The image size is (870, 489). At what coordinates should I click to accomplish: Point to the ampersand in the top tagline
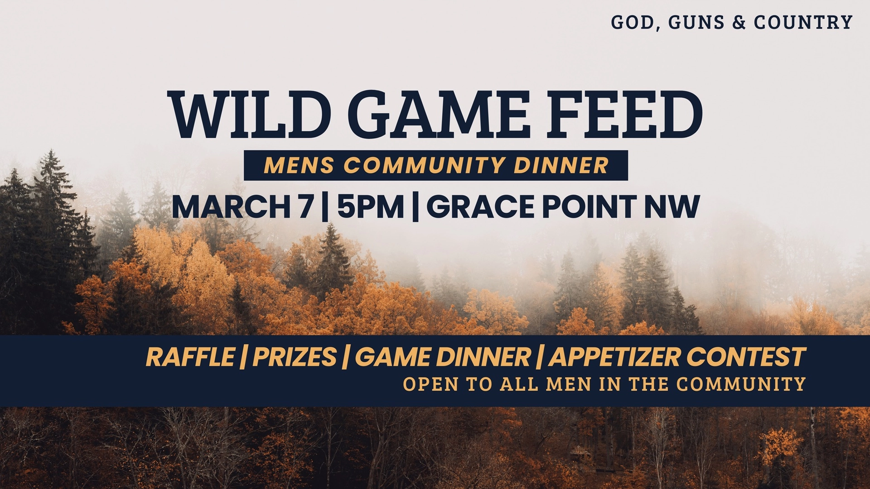[739, 22]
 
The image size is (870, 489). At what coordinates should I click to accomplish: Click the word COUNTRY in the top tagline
[803, 22]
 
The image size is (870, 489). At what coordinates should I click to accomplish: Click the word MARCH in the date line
[230, 207]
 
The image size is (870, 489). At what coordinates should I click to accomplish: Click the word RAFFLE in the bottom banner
[190, 357]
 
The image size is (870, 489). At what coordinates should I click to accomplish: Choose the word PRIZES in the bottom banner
[295, 357]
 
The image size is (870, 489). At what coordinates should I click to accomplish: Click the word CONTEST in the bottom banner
[746, 357]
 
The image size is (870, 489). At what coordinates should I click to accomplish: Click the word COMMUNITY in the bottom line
[741, 384]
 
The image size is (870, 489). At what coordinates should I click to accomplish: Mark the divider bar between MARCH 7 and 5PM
[324, 207]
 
